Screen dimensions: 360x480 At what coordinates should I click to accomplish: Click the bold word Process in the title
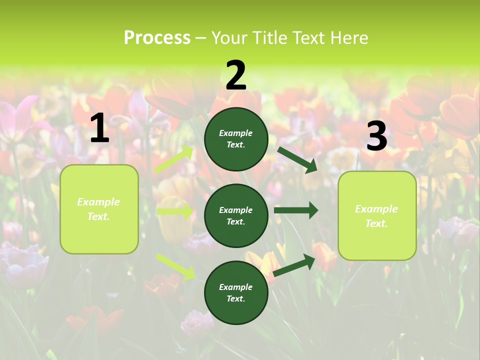tap(157, 37)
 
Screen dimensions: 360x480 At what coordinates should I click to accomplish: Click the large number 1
tap(99, 128)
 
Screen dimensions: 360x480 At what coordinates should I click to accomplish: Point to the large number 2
tap(236, 75)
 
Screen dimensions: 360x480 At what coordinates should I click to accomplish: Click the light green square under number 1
tap(99, 209)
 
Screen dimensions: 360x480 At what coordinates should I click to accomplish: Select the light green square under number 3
tap(377, 215)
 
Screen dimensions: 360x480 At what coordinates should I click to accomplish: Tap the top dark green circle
tap(236, 138)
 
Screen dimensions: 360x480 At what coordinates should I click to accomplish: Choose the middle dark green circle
tap(236, 215)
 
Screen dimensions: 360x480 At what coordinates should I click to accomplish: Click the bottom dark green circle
tap(236, 292)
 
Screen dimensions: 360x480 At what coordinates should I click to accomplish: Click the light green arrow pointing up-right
tap(174, 159)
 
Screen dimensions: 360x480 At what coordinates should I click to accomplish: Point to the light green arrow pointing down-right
tap(175, 266)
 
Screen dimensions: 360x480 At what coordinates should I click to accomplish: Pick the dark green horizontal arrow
tap(296, 210)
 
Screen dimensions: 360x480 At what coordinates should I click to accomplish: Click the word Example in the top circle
tap(236, 133)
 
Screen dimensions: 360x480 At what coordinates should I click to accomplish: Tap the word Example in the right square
tap(376, 209)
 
